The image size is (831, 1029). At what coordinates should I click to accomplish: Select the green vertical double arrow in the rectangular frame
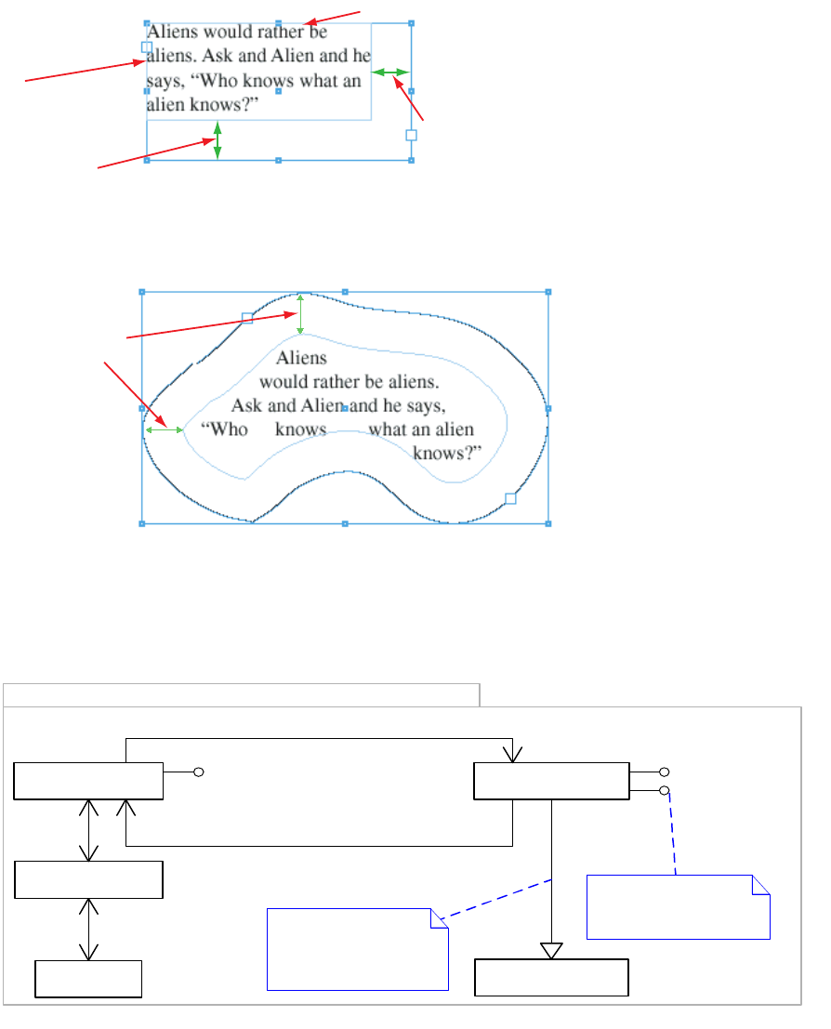pos(218,139)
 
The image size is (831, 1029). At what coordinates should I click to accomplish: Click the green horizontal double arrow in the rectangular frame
pos(390,72)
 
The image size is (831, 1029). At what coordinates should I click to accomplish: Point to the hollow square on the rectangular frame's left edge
pos(146,46)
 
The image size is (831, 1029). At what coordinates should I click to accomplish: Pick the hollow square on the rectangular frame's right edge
pos(411,135)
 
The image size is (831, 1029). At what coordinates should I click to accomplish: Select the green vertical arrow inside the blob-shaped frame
pos(299,314)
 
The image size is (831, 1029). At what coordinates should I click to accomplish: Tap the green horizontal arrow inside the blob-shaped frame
pos(165,429)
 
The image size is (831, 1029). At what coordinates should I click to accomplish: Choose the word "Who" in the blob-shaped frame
pos(226,429)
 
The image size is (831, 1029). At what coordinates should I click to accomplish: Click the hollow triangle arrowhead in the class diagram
pos(552,950)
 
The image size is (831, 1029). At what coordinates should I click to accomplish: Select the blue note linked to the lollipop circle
pos(678,906)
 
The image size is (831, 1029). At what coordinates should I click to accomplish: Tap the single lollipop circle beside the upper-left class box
pos(198,772)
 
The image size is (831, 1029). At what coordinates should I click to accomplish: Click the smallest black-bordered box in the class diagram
pos(88,979)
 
